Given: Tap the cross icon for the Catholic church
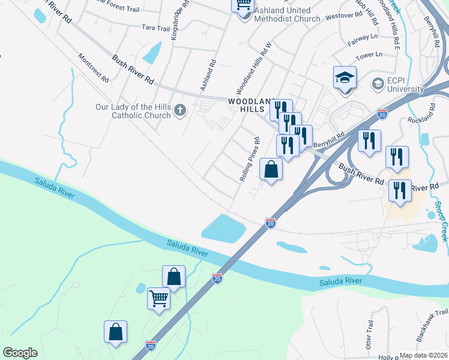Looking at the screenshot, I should point(179,110).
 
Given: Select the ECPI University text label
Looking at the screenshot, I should point(405,85).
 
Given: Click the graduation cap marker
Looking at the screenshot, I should point(345,78).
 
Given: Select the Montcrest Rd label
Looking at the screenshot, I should point(93,68).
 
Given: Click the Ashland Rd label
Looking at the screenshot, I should point(207,75).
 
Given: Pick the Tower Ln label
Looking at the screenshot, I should point(369,55).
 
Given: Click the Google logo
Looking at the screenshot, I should point(20,353).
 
